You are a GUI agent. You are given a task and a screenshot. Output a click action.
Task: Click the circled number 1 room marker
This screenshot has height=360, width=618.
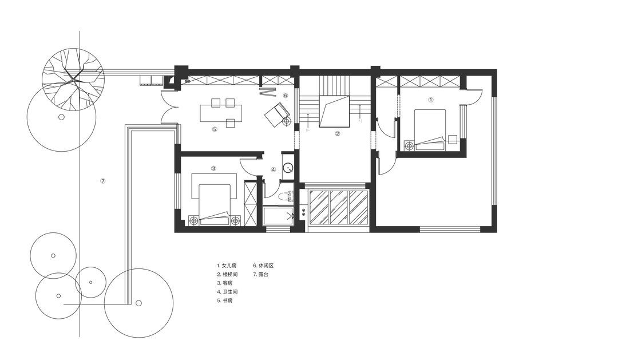coord(431,100)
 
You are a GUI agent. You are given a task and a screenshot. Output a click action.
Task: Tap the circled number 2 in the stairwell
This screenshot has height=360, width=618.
coord(337,133)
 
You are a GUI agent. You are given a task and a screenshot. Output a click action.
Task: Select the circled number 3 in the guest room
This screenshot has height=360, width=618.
coord(213,168)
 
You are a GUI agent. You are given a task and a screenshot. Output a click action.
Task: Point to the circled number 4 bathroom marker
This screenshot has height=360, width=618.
coord(274,169)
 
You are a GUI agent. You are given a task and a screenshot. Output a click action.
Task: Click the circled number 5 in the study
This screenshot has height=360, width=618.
coord(215,129)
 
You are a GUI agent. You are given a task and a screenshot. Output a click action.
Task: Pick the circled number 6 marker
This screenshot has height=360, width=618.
coord(286,95)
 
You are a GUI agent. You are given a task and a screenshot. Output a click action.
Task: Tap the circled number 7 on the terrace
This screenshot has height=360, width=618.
coord(103,181)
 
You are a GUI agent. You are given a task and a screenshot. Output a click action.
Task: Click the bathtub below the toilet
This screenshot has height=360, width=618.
coord(278,216)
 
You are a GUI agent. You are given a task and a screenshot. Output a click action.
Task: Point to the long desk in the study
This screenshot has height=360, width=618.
coord(221,113)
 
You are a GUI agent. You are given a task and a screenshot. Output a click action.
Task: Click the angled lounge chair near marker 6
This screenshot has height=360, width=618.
coord(277,114)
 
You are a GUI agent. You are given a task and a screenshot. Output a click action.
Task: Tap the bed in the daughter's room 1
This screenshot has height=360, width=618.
coord(430,130)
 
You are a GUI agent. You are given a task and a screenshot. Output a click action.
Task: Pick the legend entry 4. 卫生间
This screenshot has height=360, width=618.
coord(227,292)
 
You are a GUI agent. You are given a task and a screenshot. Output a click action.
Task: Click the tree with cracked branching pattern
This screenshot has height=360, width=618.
coord(73,79)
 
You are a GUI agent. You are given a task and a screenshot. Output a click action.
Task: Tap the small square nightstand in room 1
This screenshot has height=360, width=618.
coord(453,139)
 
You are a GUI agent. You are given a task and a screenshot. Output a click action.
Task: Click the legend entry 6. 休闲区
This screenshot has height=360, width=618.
coord(263,266)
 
